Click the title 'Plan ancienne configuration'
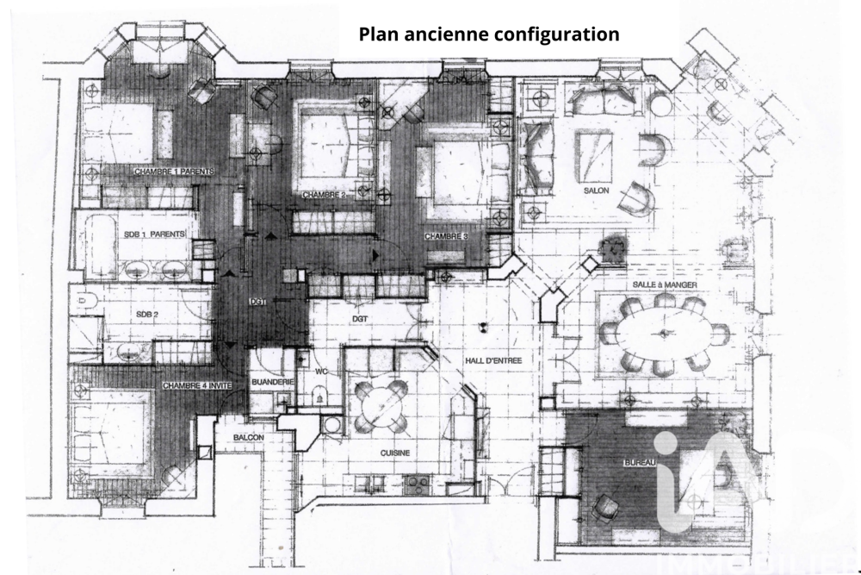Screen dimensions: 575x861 point(488,34)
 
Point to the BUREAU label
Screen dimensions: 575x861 point(639,464)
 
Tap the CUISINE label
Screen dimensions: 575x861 point(394,453)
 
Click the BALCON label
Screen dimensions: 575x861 point(248,438)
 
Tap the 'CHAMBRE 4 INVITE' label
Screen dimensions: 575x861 point(196,385)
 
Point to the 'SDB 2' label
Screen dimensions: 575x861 point(146,315)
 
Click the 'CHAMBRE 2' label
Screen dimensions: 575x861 point(324,196)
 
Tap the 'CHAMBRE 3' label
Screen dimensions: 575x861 point(445,235)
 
